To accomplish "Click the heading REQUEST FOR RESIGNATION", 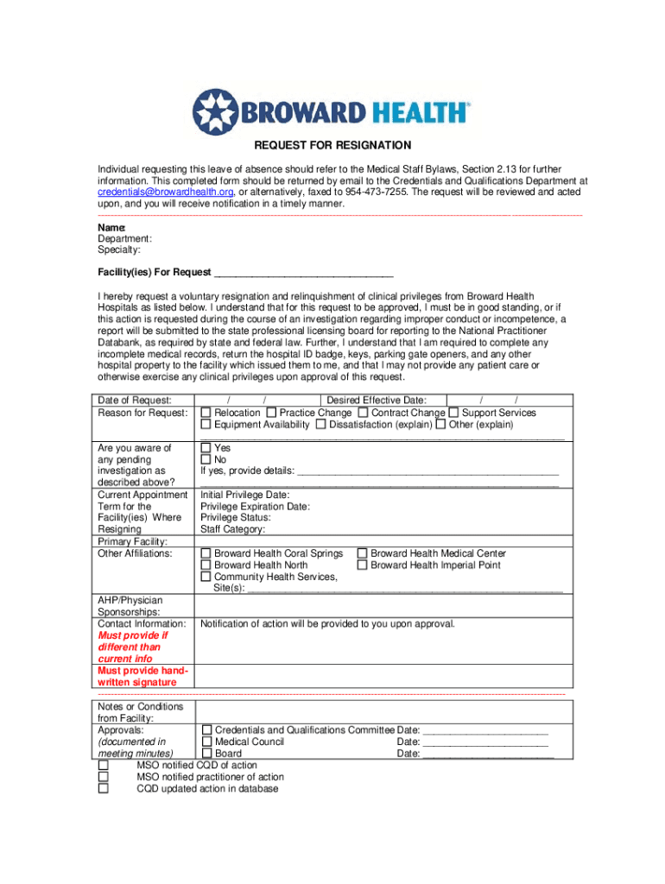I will [332, 145].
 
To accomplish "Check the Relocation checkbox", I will [206, 413].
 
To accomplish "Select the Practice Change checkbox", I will [272, 413].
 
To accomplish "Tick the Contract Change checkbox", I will [364, 413].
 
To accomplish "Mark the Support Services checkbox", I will [453, 413].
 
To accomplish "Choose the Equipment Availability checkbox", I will [206, 425].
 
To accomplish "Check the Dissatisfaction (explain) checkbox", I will [321, 425].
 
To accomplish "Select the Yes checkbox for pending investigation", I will [206, 449].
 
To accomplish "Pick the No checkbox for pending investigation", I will [206, 460].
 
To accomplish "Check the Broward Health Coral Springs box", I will [206, 553].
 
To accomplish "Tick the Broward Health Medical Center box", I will [363, 553].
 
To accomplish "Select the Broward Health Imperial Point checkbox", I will [363, 565].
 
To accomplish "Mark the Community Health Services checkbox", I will [206, 577].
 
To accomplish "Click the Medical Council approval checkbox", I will [206, 742].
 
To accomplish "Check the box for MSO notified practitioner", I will [104, 777].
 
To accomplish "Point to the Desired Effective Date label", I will [383, 400].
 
